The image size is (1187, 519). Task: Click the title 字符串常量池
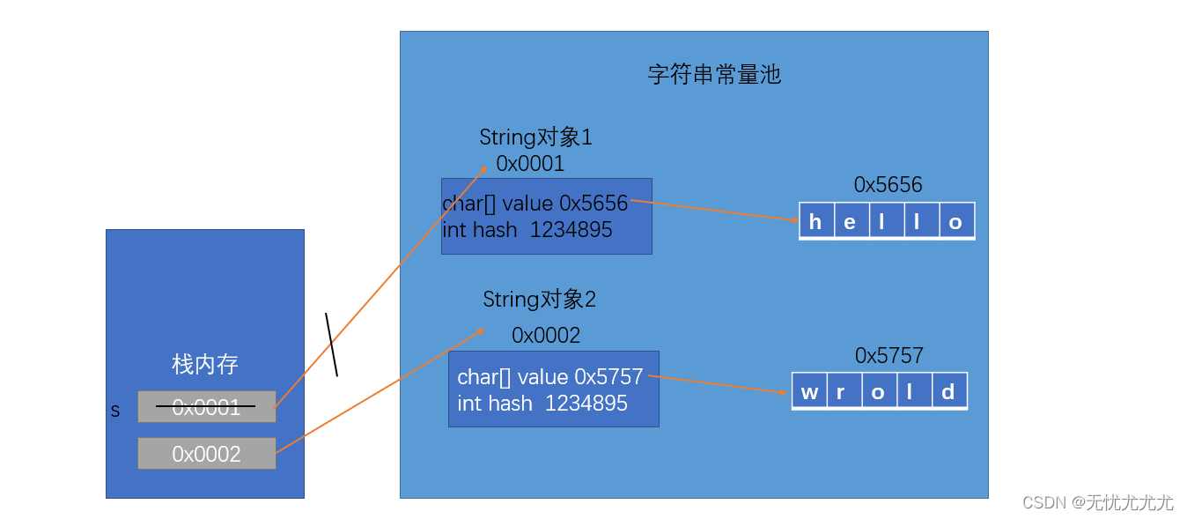714,74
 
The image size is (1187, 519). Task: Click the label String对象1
535,137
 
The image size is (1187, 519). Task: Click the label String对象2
539,300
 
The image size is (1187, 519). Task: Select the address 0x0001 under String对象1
530,164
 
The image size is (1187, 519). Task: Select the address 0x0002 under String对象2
546,336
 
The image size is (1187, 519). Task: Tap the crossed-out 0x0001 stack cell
206,407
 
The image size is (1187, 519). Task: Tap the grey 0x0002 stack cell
206,454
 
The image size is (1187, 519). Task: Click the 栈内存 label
205,364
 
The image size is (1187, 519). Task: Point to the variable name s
115,411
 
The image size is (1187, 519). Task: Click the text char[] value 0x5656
535,204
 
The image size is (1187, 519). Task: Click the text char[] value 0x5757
549,377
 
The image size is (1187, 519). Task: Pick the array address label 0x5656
888,185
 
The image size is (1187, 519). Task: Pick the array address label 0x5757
888,356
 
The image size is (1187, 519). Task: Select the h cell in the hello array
815,222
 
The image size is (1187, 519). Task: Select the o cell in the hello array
955,222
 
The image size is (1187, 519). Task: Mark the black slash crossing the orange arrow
331,345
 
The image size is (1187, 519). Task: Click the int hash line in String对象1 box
527,230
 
